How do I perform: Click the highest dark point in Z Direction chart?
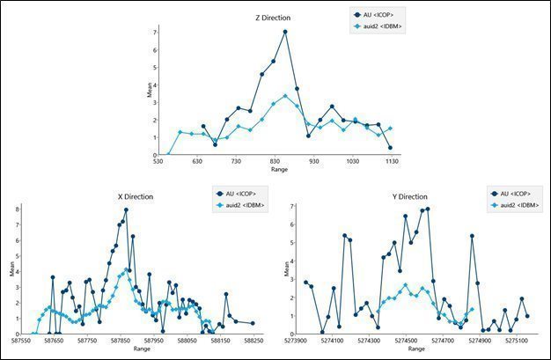point(286,33)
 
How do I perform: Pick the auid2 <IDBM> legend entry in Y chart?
point(516,205)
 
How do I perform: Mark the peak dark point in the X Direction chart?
point(127,210)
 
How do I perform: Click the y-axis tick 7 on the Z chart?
point(154,32)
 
